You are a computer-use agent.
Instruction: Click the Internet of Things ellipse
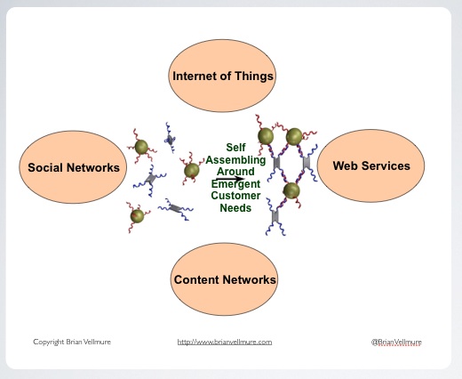point(222,76)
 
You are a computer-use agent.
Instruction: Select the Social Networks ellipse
point(73,167)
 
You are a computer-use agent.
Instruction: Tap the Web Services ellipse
point(370,165)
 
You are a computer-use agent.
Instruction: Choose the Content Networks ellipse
point(224,279)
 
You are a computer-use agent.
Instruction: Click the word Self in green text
point(235,148)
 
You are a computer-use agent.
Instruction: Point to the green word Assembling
point(235,160)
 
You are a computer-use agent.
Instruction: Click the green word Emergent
point(235,184)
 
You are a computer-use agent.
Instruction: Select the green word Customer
point(235,196)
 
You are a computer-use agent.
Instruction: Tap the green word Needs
point(235,208)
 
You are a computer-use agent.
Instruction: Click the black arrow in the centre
point(230,179)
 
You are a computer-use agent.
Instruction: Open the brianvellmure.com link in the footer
point(225,342)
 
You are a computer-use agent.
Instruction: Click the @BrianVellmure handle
point(396,342)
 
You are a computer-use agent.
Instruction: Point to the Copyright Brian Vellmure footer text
point(72,342)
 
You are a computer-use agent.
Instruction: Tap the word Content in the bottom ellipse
point(196,279)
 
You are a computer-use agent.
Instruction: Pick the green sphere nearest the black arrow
point(192,171)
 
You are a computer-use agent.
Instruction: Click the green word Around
point(235,172)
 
